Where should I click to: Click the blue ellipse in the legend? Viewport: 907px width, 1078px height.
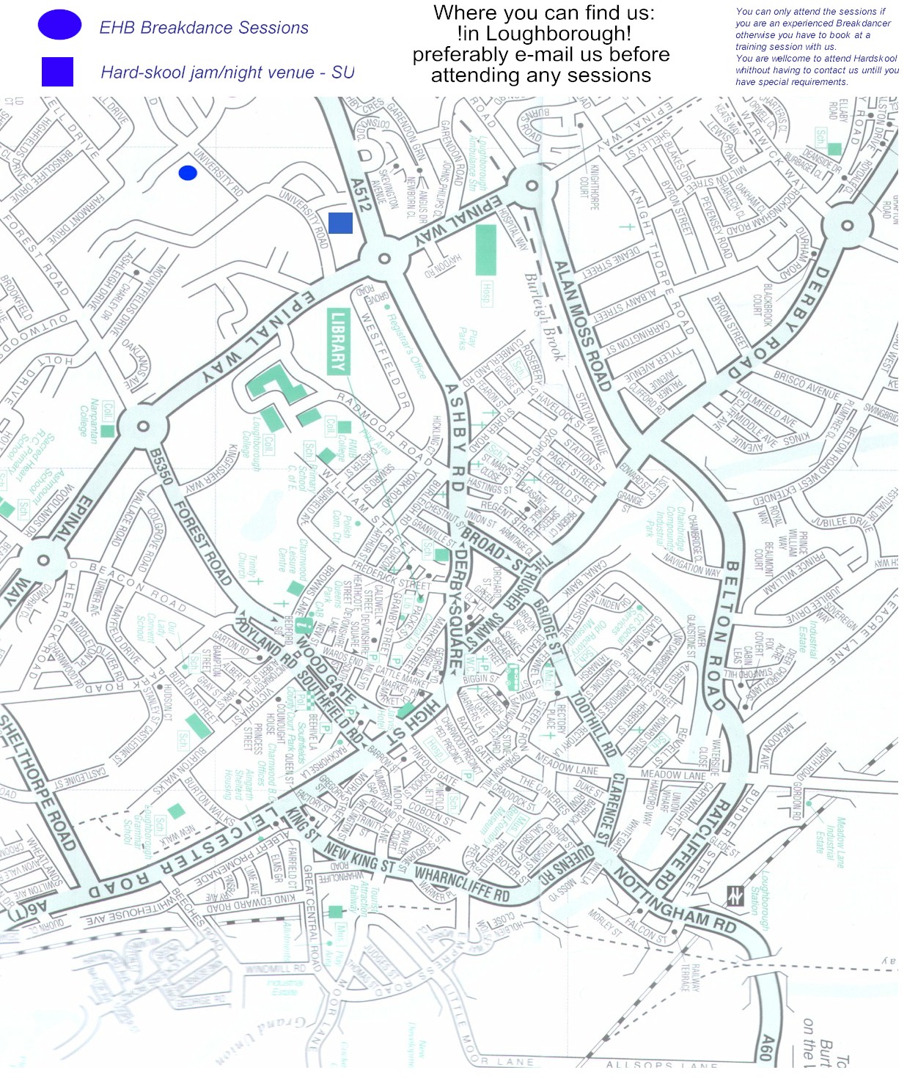tap(59, 25)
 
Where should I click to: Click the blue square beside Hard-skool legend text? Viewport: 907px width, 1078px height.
tap(57, 72)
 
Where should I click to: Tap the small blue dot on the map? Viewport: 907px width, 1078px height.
tap(188, 173)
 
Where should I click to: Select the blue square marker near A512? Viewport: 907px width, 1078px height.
tap(340, 223)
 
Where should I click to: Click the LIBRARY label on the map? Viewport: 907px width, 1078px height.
tap(337, 342)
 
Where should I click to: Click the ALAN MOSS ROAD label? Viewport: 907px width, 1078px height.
tap(582, 326)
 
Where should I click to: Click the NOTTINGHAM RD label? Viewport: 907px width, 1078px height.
tap(674, 900)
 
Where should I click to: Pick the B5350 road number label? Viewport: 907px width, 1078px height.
tap(161, 467)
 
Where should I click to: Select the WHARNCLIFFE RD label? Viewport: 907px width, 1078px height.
tap(461, 884)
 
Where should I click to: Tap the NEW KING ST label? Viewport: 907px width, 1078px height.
tap(359, 858)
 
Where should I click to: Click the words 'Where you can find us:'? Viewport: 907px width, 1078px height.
tap(543, 12)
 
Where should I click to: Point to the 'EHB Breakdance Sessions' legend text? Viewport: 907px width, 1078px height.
tap(204, 28)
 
